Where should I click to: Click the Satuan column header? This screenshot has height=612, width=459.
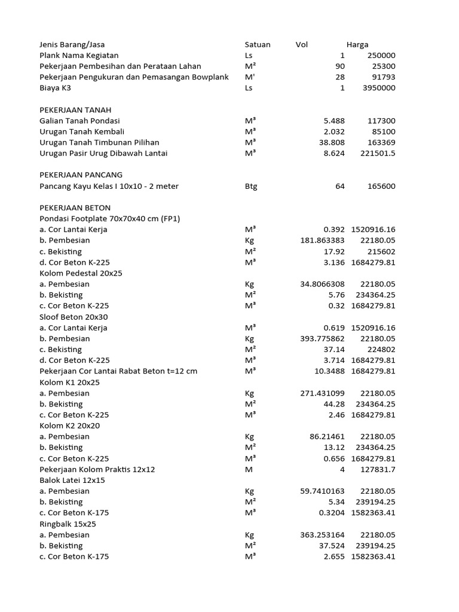258,45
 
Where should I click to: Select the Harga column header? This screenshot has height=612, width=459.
357,45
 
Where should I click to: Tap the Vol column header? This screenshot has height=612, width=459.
302,45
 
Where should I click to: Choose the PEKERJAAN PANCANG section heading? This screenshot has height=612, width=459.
81,175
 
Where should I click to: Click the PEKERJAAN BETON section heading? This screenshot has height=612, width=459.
75,208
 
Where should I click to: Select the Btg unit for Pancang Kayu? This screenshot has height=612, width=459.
251,186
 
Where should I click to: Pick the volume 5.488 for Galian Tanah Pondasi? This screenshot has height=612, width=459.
334,121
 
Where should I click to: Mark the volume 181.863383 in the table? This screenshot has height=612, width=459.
323,240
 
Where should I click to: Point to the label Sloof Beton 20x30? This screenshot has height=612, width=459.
74,317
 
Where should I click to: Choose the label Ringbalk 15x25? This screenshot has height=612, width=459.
68,524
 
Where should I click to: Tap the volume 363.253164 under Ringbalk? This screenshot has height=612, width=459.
323,535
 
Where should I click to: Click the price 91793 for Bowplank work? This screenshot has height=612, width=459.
381,77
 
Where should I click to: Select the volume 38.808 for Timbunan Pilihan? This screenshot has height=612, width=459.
332,143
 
